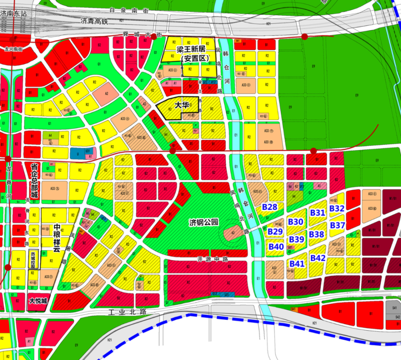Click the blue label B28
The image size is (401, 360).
click(270, 207)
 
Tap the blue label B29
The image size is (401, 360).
click(275, 232)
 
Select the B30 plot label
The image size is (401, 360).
click(296, 222)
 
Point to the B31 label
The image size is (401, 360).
click(317, 213)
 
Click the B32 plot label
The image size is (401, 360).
click(337, 208)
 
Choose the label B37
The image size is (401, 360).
click(338, 225)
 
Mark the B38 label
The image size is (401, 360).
click(317, 234)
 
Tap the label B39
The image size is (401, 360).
click(297, 239)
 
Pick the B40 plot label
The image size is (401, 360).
click(276, 247)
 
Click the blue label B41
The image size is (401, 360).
click(297, 263)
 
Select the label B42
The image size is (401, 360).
click(318, 258)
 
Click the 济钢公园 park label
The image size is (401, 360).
click(204, 222)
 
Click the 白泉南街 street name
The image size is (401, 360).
click(128, 10)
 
